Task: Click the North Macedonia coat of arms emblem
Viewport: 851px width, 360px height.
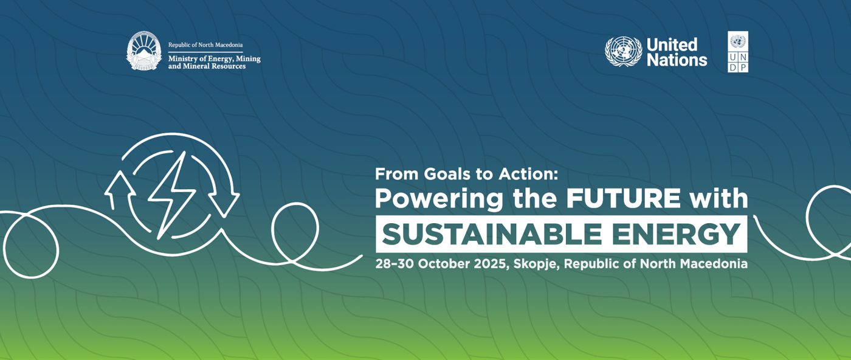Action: coord(144,50)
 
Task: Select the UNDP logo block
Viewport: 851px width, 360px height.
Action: coord(738,52)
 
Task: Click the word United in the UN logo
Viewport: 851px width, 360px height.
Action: coord(672,44)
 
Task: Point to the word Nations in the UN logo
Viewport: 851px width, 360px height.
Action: coord(677,60)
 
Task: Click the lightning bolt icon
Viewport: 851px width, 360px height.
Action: coord(171,195)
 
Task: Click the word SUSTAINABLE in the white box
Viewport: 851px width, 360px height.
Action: coord(492,234)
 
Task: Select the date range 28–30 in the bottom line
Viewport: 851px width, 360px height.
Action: coord(394,264)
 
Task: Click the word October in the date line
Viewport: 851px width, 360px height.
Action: coord(444,264)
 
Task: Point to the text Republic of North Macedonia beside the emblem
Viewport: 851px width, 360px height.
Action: coord(205,45)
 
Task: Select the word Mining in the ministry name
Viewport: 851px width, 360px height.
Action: coord(249,59)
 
